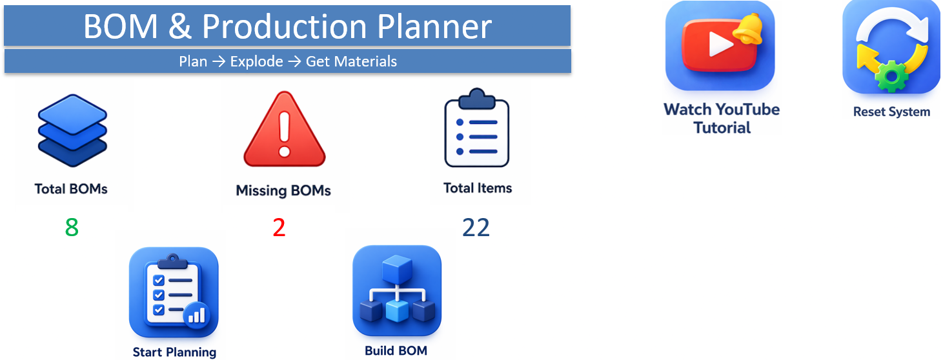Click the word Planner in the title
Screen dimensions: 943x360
(434, 26)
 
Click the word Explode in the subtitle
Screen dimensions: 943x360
(256, 61)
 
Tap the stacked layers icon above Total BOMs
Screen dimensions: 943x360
(72, 130)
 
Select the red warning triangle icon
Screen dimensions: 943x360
(285, 130)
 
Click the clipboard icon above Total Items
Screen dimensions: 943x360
(477, 128)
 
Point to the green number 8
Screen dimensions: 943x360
(72, 228)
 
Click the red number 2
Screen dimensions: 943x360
(279, 228)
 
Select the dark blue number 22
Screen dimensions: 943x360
(476, 228)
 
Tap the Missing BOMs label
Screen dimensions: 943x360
(283, 190)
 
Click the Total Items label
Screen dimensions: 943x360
(478, 188)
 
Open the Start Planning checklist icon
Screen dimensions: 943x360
(174, 292)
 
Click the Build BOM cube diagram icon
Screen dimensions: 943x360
(397, 290)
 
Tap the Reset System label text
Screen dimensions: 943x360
(891, 112)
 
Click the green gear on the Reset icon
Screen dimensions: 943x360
(891, 76)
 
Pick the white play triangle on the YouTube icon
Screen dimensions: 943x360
(720, 44)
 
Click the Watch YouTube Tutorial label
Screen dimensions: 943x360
(722, 119)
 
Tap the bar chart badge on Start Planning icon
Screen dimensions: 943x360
(197, 315)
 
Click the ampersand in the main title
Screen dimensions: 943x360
(180, 26)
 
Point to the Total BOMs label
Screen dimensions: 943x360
(71, 189)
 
